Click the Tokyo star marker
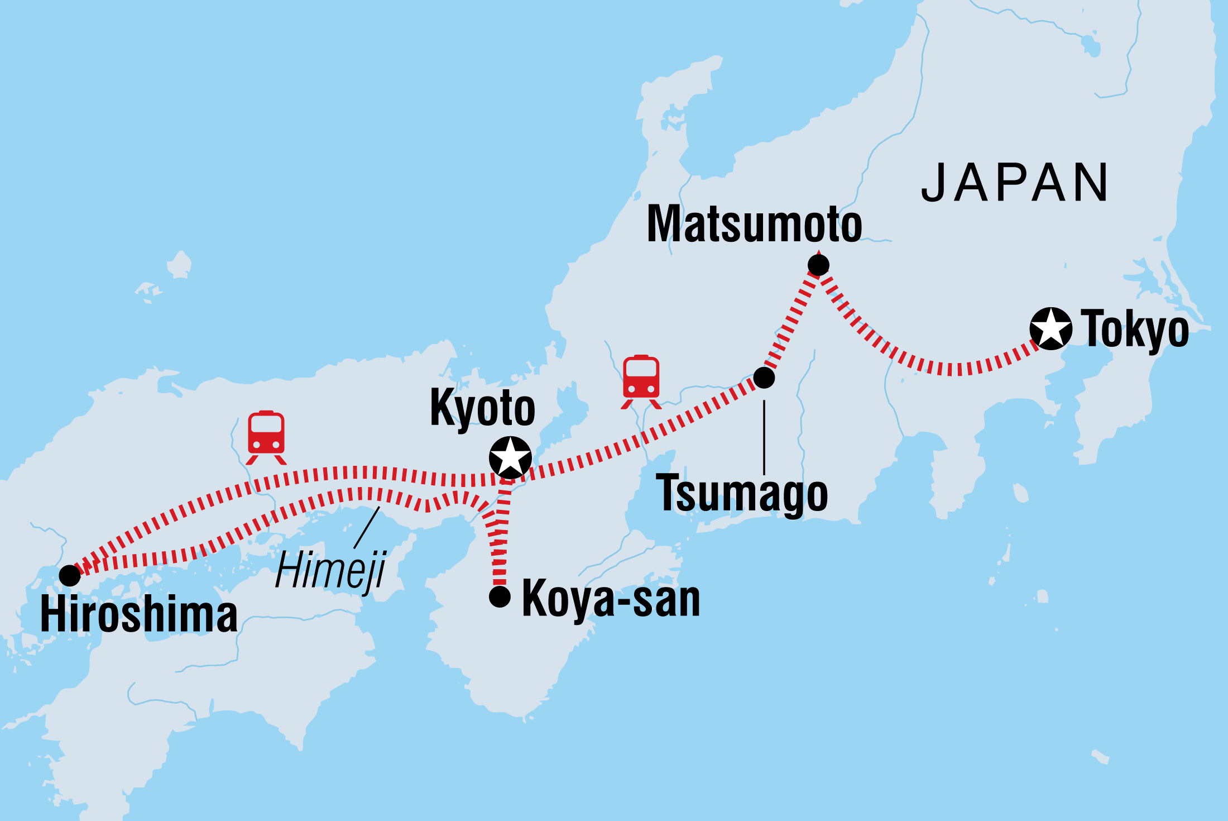coord(1050,329)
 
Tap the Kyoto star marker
coord(510,457)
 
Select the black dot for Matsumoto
coord(818,265)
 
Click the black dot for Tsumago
coord(764,378)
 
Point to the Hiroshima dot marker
coord(70,575)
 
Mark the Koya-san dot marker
coord(500,596)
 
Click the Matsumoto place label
coord(754,225)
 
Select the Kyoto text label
coord(482,409)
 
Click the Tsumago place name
coord(741,494)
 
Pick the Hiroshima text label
coord(139,615)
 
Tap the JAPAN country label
coord(1014,183)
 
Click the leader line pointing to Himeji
coord(367,527)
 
